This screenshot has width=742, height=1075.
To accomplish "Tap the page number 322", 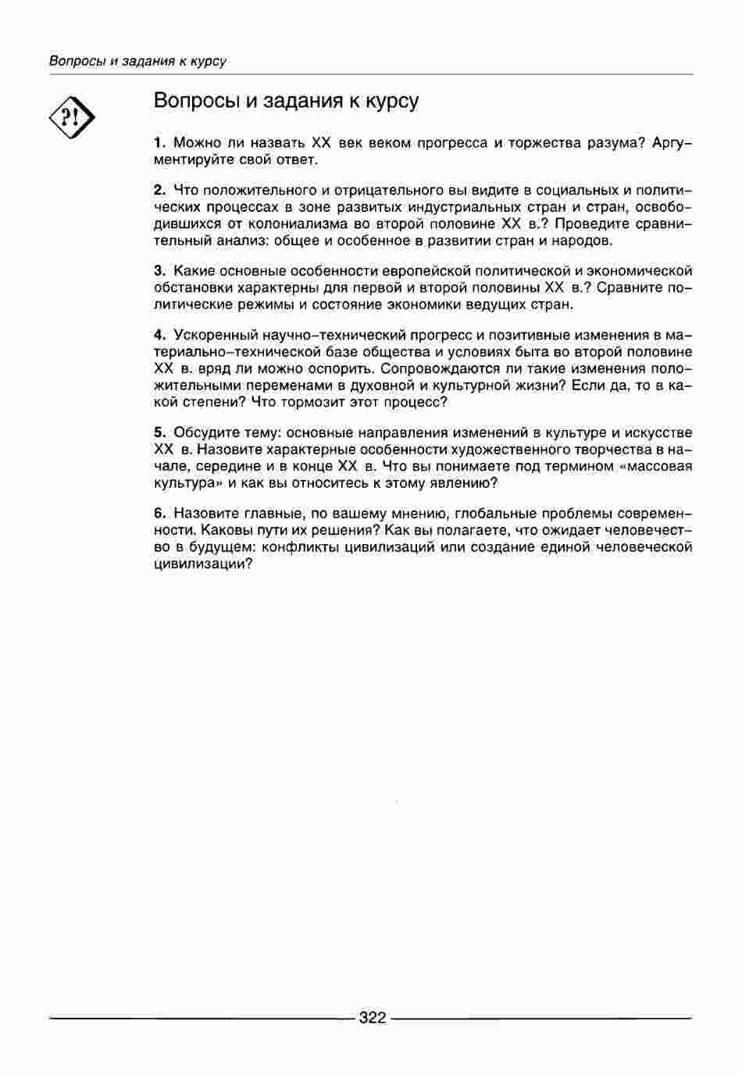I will click(373, 1018).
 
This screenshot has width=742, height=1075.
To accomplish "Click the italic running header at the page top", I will click(137, 61).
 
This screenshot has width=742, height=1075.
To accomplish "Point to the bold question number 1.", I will click(159, 143).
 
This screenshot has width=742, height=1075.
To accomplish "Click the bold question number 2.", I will click(159, 190).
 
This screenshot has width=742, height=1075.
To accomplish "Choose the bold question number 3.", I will click(159, 271).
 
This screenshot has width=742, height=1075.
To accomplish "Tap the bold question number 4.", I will click(159, 335).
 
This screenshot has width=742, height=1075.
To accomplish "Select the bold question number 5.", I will click(159, 432).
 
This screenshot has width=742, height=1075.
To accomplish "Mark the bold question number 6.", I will click(159, 514).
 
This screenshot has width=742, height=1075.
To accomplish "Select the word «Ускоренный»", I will click(212, 335).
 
